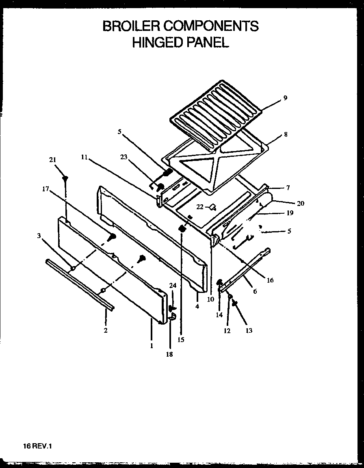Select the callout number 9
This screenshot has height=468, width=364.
point(285,97)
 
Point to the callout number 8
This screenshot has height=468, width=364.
point(286,134)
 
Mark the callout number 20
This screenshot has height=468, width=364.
point(300,203)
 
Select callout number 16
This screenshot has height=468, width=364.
point(270,280)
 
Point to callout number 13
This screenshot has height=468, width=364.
point(249,330)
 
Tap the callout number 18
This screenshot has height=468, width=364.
point(169,354)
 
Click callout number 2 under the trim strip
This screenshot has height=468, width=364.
point(106,330)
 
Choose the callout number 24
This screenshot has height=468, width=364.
point(172,286)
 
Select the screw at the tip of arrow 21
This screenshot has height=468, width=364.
point(65,178)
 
